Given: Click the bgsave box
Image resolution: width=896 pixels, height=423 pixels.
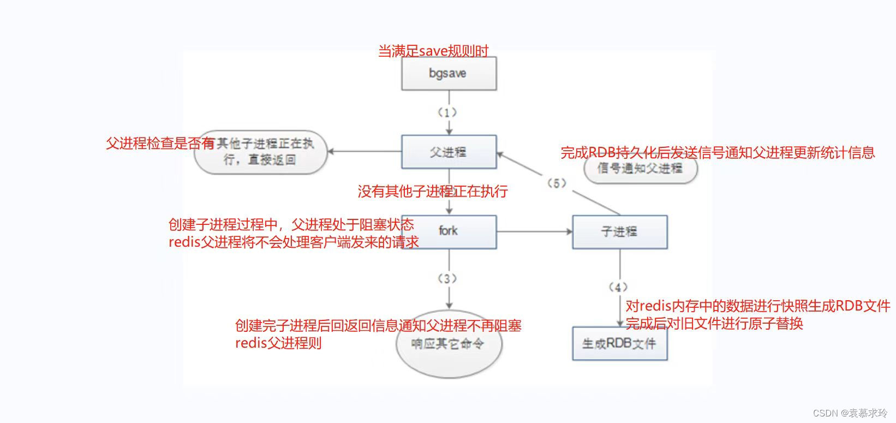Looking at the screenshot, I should click(x=449, y=74).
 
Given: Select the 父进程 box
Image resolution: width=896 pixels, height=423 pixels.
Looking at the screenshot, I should click(x=449, y=152).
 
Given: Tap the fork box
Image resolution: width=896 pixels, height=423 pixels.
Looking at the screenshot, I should click(x=449, y=231).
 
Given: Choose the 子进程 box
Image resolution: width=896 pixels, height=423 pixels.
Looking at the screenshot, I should click(x=619, y=232).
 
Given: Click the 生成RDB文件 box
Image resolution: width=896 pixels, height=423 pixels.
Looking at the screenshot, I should click(x=619, y=344).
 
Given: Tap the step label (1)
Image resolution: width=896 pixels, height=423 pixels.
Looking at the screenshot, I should click(x=447, y=112).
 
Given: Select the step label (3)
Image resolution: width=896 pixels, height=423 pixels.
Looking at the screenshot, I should click(x=447, y=279).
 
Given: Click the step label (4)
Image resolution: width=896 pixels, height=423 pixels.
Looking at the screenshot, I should click(x=618, y=287).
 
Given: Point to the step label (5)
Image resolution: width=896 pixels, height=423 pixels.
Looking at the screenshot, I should click(x=556, y=183).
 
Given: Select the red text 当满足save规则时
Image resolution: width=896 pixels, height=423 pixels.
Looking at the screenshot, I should click(x=433, y=51).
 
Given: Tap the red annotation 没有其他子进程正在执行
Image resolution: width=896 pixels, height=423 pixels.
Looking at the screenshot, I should click(x=433, y=192).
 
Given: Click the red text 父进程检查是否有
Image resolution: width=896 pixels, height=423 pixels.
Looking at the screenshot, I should click(x=160, y=144).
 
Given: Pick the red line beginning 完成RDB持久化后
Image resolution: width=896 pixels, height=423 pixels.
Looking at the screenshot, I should click(x=718, y=153).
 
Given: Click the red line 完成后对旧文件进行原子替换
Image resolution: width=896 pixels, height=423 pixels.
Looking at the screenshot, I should click(x=714, y=324).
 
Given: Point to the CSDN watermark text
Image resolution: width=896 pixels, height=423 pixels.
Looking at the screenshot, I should click(x=850, y=413).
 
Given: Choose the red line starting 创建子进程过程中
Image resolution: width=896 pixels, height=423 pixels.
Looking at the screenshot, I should click(x=291, y=225).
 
